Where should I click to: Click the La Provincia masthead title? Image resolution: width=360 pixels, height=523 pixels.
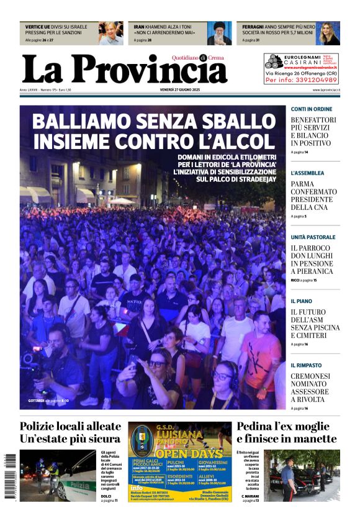[124, 70]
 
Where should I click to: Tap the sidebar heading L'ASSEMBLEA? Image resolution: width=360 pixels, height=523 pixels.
[307, 173]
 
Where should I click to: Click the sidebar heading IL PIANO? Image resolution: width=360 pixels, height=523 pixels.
[302, 301]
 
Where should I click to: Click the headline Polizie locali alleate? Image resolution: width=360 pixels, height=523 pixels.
[70, 426]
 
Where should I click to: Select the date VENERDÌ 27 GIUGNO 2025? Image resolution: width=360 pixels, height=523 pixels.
[179, 90]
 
